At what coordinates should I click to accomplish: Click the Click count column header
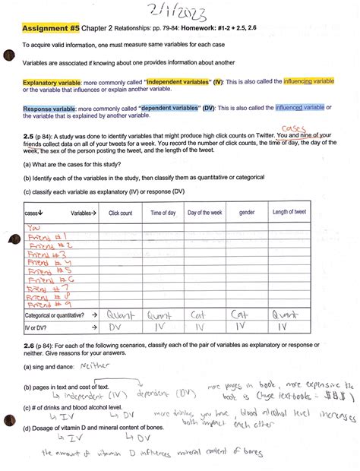120,213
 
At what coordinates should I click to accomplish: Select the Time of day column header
163,213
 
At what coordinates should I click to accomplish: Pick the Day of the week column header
204,213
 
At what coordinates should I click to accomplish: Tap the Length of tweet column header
289,213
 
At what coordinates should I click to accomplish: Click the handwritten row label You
34,227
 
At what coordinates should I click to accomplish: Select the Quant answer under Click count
121,313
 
